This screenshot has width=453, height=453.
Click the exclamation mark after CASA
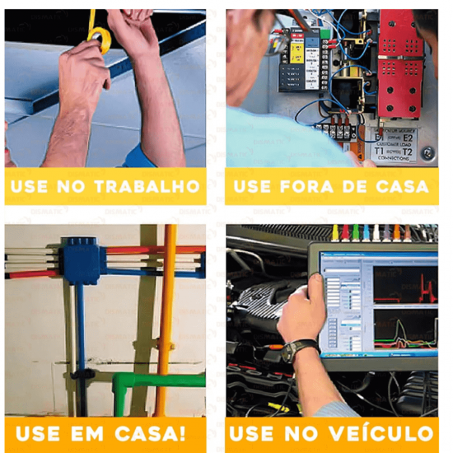[181, 433]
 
